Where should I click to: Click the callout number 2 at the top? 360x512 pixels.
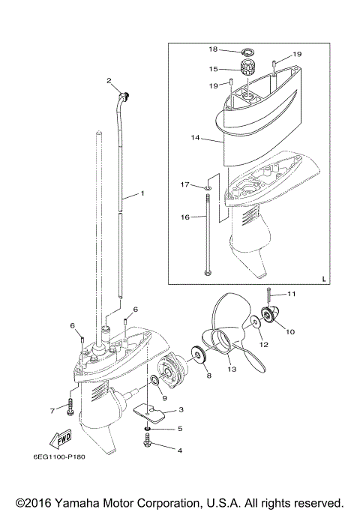click(x=109, y=80)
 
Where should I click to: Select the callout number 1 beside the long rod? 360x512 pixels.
click(x=142, y=194)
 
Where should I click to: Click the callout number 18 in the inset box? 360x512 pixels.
click(x=213, y=49)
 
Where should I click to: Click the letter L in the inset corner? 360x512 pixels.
click(x=324, y=278)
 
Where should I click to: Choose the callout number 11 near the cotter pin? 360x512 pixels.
click(x=292, y=293)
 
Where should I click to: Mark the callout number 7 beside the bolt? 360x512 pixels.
click(x=52, y=410)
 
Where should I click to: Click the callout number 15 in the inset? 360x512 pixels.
click(x=213, y=68)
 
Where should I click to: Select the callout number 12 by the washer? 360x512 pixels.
click(x=263, y=344)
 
